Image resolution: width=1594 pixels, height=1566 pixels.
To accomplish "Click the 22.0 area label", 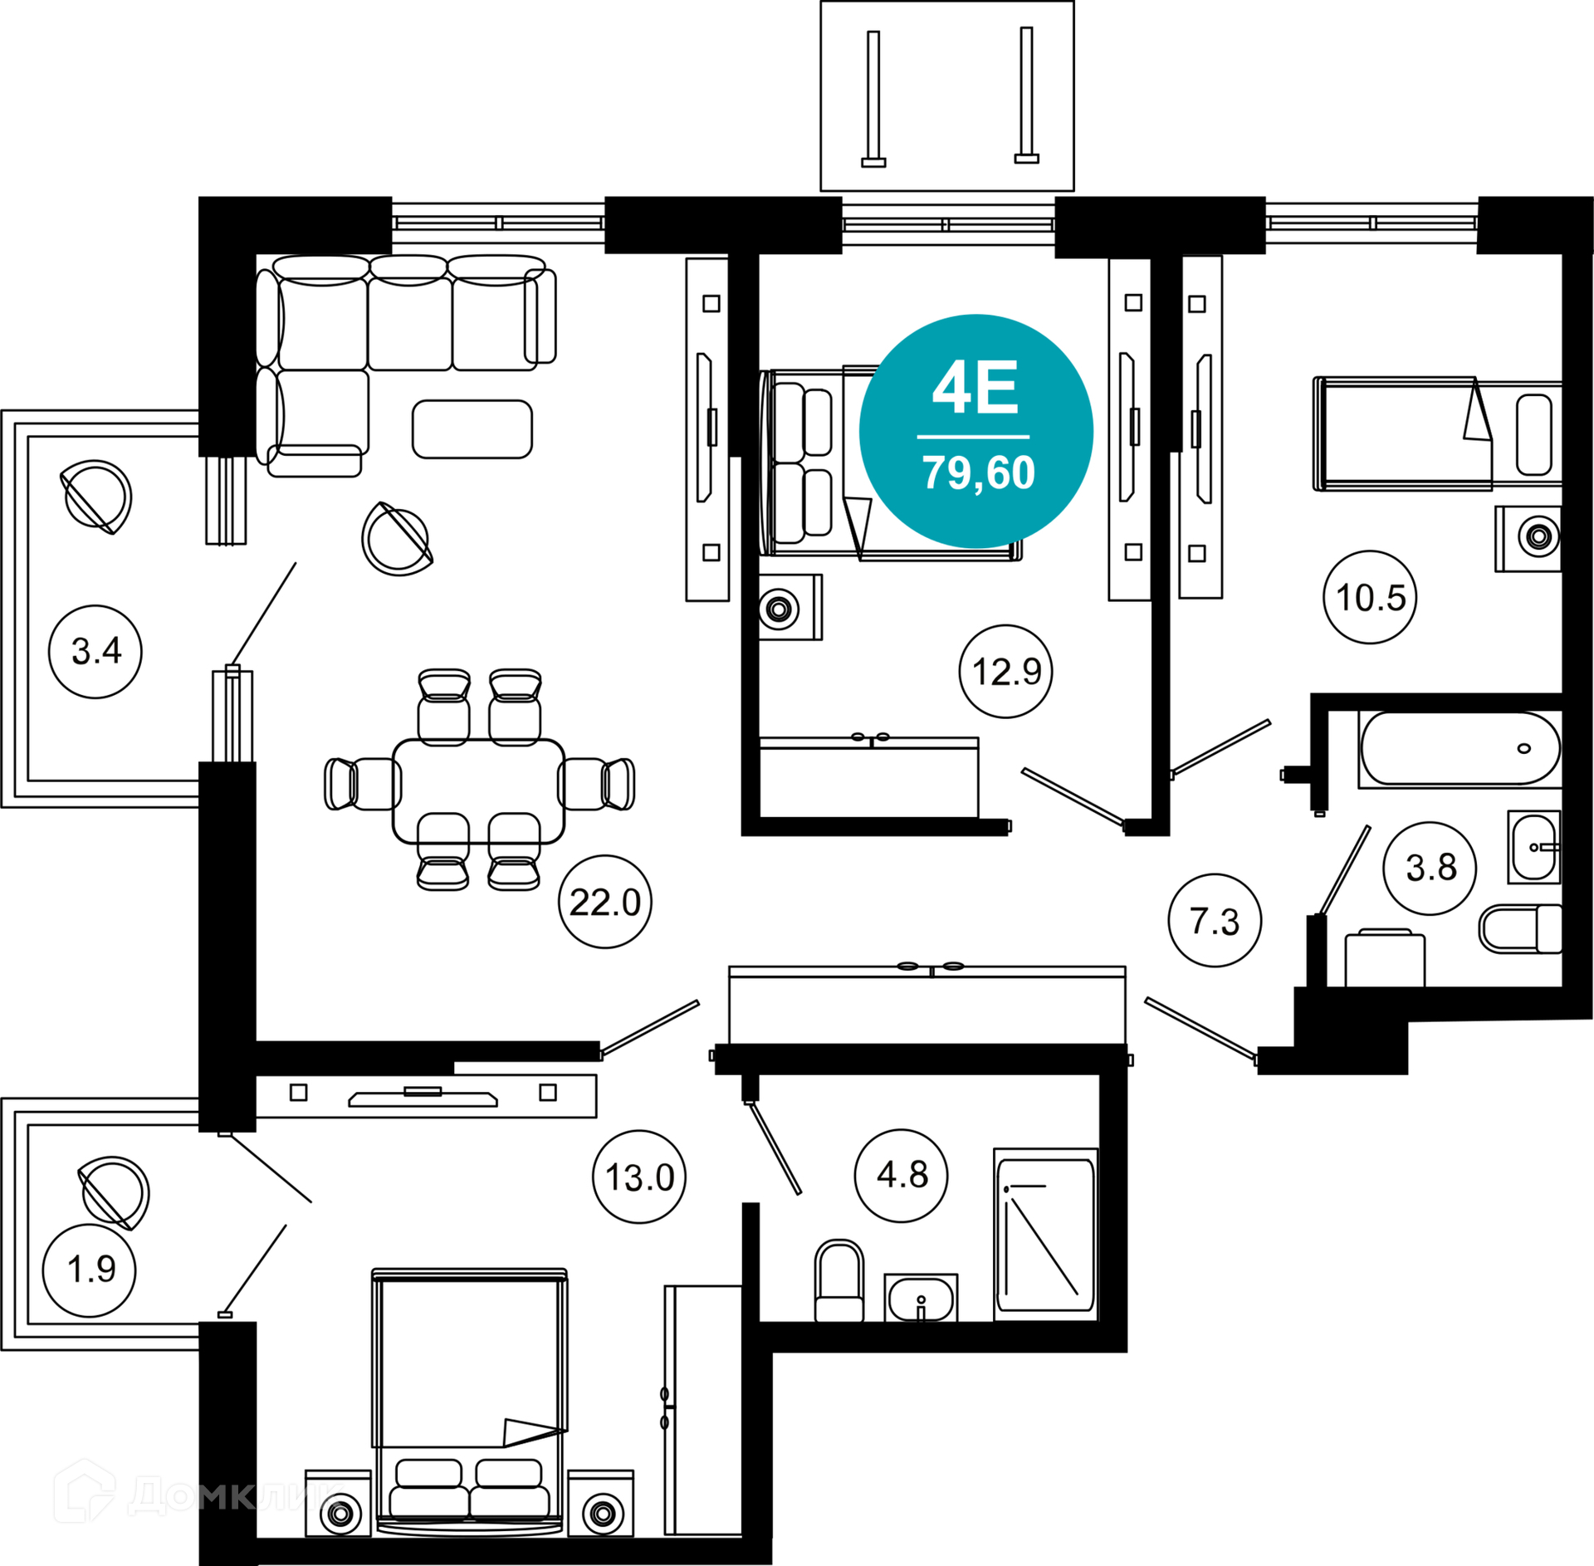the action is [605, 902].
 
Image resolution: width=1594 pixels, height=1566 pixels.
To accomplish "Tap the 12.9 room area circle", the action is [1006, 671].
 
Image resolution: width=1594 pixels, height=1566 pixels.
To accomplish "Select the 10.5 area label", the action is [1370, 597].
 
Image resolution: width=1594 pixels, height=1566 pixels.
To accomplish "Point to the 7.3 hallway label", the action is [1215, 920].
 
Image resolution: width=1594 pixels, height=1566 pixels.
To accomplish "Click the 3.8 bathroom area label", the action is [1430, 868].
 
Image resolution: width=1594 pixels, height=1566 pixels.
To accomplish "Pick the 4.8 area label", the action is [902, 1175].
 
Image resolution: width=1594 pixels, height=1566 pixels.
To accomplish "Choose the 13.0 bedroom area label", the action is [639, 1177].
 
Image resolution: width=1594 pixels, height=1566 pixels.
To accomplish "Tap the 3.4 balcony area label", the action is [95, 651].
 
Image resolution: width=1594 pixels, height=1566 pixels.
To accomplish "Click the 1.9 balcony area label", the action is [90, 1270].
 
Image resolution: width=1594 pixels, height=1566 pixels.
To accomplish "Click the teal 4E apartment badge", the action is [976, 431].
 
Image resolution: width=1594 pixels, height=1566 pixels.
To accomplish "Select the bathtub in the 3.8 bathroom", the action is [1460, 748].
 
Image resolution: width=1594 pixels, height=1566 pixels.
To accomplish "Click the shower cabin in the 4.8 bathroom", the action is [1046, 1235].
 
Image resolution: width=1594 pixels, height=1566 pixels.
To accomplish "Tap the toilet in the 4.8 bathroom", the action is [839, 1280].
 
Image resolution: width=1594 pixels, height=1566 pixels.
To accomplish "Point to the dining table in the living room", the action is [479, 791].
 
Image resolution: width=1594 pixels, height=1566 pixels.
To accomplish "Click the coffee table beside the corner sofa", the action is [472, 428].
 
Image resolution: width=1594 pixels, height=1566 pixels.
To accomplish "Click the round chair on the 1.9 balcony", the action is [114, 1192].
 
